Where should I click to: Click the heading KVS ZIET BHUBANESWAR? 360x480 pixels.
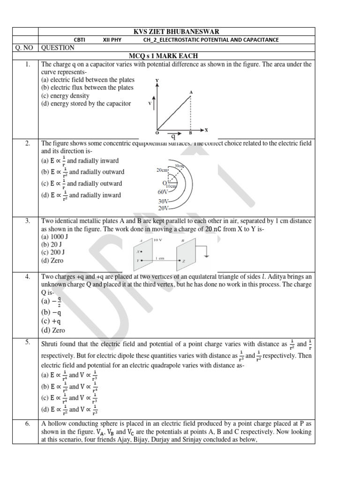[x=176, y=31]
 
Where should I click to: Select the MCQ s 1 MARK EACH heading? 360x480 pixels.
[x=176, y=56]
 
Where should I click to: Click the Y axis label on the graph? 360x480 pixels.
[x=157, y=81]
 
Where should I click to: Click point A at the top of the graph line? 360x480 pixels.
[x=191, y=92]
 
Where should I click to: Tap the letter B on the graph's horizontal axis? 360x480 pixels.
[x=190, y=133]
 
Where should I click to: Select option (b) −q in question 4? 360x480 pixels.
[x=52, y=312]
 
